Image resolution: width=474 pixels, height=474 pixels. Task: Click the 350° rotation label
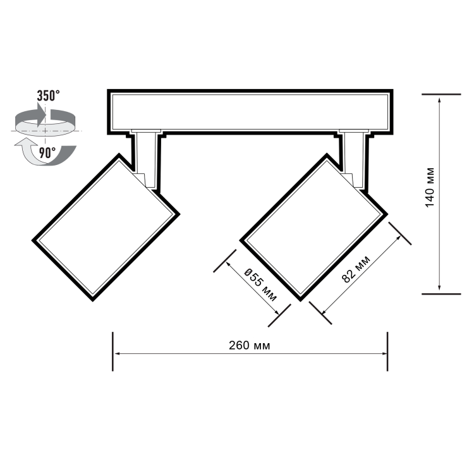pos(48,96)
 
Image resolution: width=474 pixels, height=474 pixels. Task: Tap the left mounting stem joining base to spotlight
pos(147,158)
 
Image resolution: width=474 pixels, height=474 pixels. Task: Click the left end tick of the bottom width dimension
pos(112,352)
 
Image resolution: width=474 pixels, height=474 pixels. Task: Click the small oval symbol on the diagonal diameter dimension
pos(248,273)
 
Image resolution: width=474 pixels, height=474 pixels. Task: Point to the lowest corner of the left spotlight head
pos(95,299)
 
